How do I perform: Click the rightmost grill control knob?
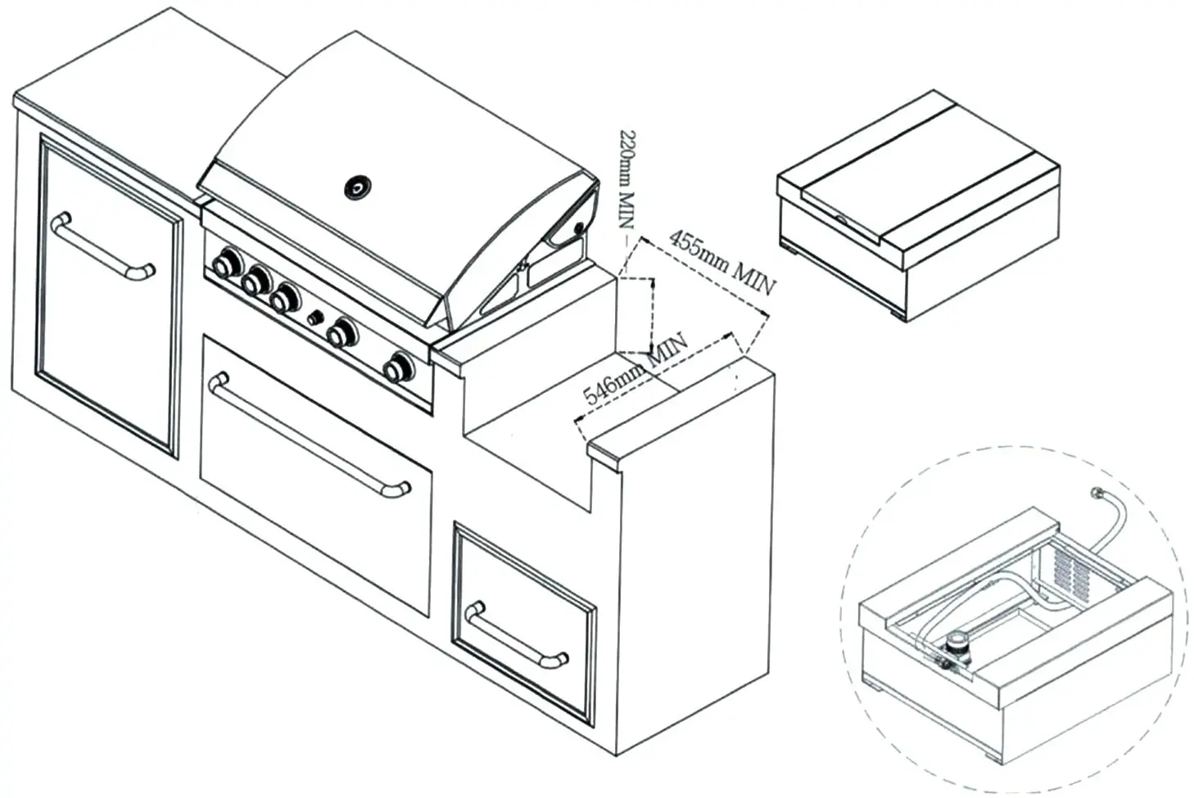[x=400, y=368]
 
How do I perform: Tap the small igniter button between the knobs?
[x=313, y=317]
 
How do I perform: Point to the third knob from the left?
[x=284, y=299]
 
